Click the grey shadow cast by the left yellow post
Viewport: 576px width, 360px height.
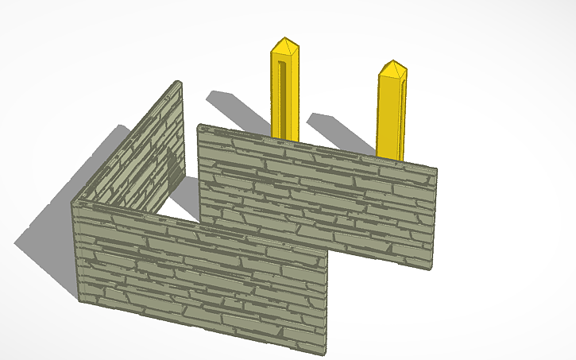click(x=234, y=111)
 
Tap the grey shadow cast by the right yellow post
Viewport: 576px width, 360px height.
click(x=338, y=131)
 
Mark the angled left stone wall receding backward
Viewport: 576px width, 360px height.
click(x=131, y=155)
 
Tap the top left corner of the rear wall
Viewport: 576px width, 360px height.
click(x=199, y=126)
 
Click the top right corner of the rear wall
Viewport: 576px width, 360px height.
click(x=436, y=169)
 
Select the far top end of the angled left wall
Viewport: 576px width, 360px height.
click(x=180, y=83)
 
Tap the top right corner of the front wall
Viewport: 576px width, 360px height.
click(x=328, y=248)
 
